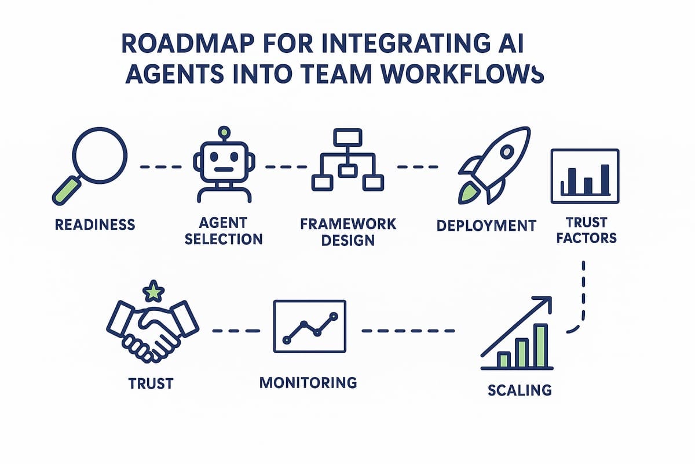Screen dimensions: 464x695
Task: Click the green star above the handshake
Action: coord(153,292)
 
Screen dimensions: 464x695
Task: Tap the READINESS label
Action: coord(95,224)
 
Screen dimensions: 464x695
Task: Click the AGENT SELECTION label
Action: coord(223,231)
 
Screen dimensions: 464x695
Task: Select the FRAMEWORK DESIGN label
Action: coord(348,231)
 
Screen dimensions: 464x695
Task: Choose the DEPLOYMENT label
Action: coord(487,225)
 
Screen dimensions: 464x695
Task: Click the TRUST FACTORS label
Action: coord(586,230)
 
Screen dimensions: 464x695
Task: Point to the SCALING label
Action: coord(520,389)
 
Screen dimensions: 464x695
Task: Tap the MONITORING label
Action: coord(308,382)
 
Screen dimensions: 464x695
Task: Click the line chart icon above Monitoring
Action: coord(310,327)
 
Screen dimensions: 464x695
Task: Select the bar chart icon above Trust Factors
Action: coord(585,176)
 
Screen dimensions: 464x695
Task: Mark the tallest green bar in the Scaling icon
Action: coord(540,346)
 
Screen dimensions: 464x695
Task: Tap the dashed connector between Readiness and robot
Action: coord(160,166)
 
